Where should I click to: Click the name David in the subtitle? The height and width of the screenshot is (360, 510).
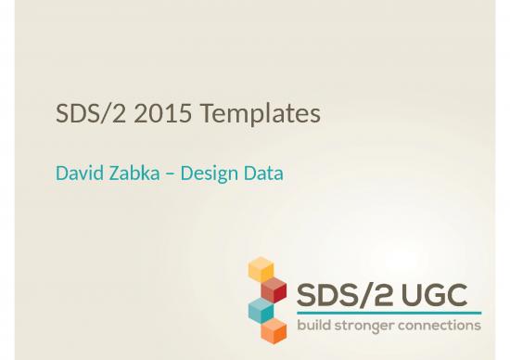(77, 174)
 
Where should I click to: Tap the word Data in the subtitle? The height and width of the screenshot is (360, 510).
(264, 174)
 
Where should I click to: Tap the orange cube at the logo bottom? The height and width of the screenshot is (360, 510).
(274, 330)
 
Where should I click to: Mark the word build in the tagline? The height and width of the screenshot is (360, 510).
(314, 326)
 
